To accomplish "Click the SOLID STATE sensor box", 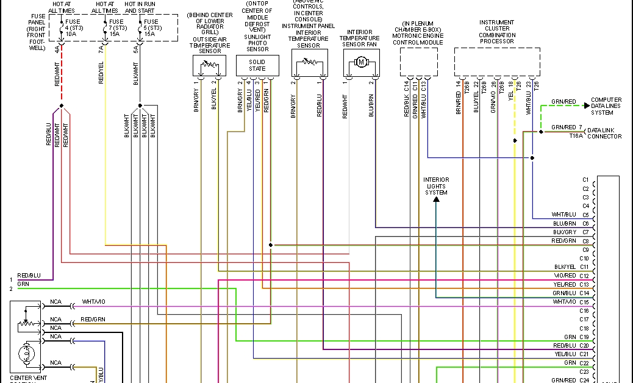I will point(257,65).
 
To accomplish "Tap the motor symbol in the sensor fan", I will point(360,62).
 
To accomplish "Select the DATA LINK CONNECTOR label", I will point(604,134).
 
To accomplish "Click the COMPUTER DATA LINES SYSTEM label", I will point(606,106).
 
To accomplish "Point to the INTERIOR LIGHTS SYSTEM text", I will point(436,186).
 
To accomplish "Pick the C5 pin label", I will point(585,215).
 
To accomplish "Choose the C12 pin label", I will point(585,276).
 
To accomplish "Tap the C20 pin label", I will point(585,345).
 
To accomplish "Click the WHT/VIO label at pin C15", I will point(564,302).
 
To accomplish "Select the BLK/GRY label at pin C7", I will point(565,232).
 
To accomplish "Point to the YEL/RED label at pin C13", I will point(565,285).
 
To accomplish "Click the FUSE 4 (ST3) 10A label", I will point(72,28).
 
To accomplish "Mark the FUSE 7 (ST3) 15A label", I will point(116,28).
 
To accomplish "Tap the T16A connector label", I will point(576,137).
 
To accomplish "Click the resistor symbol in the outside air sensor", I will point(209,63).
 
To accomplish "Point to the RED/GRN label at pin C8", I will point(564,241).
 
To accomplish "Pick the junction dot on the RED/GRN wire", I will point(270,245).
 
